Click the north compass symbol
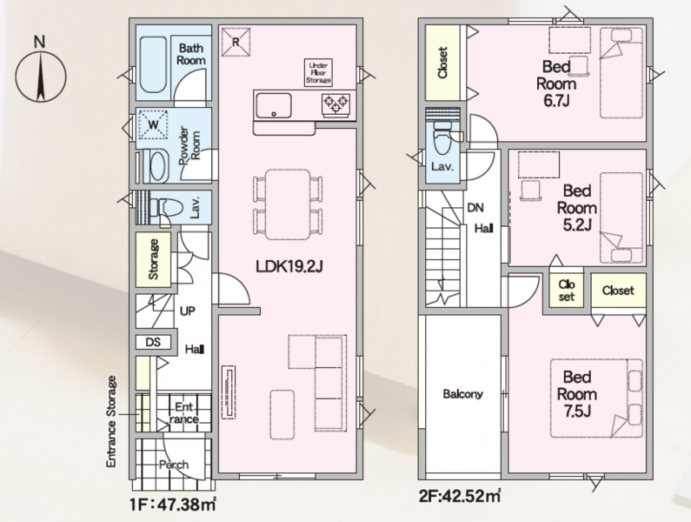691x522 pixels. [x=41, y=76]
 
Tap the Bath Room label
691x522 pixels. [x=191, y=54]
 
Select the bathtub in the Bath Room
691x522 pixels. [x=153, y=64]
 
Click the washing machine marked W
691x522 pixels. [x=153, y=124]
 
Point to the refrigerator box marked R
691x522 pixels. [x=236, y=42]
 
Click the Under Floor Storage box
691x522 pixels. [x=319, y=73]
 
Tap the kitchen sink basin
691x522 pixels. [x=274, y=105]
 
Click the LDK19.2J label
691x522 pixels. [x=289, y=266]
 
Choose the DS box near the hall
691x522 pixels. [x=153, y=342]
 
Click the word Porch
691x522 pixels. [x=174, y=465]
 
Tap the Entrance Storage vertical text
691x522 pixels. [x=111, y=421]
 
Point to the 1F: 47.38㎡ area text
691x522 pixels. [x=173, y=505]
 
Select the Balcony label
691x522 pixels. [x=462, y=393]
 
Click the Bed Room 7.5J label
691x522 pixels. [x=577, y=394]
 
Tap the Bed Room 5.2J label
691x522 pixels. [x=577, y=208]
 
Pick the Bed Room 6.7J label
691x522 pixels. [x=556, y=84]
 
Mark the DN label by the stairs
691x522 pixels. [x=475, y=207]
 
